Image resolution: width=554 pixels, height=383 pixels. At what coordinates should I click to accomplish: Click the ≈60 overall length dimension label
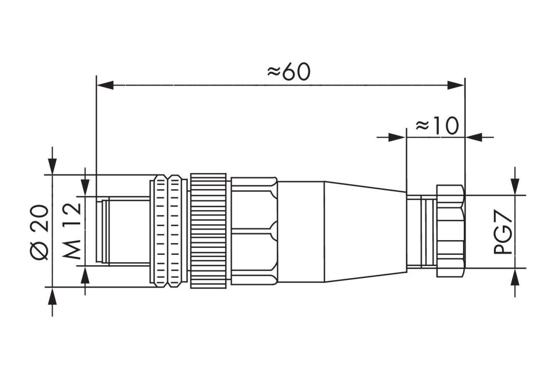(x=288, y=72)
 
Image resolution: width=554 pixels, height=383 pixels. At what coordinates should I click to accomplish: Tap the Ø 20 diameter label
(x=39, y=232)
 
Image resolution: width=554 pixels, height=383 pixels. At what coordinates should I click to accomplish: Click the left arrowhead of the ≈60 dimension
(x=105, y=85)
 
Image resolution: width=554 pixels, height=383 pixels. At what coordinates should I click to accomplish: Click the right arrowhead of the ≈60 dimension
(x=456, y=85)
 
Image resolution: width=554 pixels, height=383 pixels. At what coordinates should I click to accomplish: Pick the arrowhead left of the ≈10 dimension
(x=397, y=137)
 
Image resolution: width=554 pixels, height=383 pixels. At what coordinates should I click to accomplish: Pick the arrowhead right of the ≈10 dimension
(x=474, y=137)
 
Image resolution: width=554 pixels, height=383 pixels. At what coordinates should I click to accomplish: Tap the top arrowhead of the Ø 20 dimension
(x=52, y=166)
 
